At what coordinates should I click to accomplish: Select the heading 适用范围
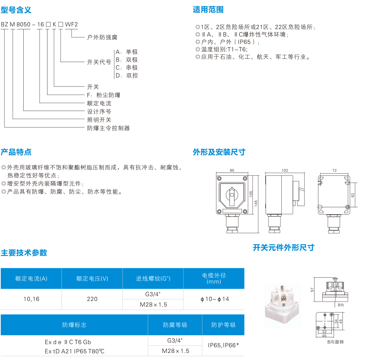point(208,10)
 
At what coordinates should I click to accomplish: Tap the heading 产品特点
point(16,152)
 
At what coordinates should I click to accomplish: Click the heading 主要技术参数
point(24,253)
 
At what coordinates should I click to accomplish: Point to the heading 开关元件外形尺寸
point(283,247)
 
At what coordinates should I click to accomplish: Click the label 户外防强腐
point(102,37)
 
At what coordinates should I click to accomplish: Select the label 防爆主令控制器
point(108,128)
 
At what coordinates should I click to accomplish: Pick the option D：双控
point(127,75)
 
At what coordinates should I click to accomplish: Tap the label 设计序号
point(99,112)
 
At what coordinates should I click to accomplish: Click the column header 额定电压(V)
point(92,279)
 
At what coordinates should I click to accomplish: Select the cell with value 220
point(92,299)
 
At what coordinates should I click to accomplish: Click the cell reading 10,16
point(31,299)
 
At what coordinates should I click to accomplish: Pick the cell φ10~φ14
point(214,299)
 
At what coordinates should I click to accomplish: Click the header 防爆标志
point(74,325)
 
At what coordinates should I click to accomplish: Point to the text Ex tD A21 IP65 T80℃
point(75,351)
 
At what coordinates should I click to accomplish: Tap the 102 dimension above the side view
point(284,170)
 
